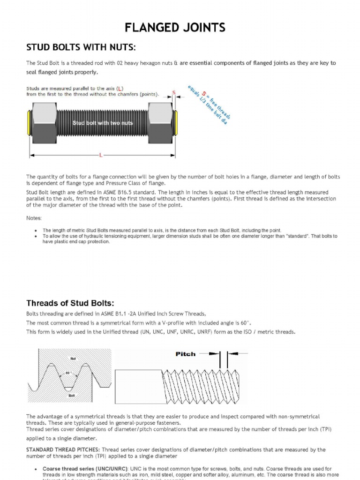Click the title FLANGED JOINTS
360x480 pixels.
tap(175, 28)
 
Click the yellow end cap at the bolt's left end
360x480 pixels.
tap(30, 123)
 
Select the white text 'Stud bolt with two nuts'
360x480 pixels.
tap(103, 123)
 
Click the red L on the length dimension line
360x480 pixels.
tap(101, 154)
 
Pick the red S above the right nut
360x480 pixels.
tap(174, 92)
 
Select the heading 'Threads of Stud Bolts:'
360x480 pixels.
tap(70, 302)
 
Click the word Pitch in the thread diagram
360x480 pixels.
tap(185, 354)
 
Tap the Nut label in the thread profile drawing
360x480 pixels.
tap(73, 358)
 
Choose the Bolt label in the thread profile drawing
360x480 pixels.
tap(72, 396)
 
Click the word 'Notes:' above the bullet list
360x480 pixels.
tap(34, 218)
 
